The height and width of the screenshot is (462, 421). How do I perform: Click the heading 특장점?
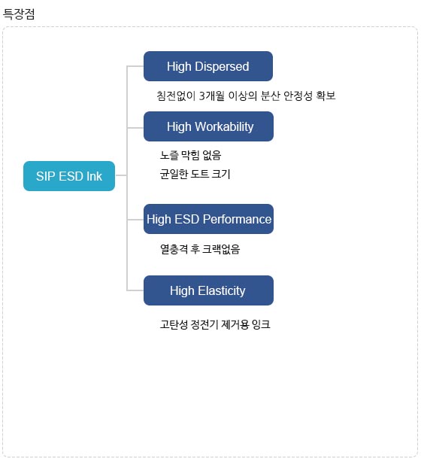coord(19,14)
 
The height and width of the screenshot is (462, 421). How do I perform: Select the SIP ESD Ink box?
coord(69,176)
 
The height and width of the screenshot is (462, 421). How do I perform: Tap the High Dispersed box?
coord(207,66)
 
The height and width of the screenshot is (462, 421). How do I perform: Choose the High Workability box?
coord(208,126)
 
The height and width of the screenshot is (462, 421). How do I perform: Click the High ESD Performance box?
coord(208,219)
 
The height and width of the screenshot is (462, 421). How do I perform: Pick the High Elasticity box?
coord(208,290)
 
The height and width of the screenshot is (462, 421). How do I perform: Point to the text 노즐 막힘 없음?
coord(190,155)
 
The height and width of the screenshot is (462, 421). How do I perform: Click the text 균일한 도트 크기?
coord(195,174)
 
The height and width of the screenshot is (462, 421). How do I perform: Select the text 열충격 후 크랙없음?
coord(200,249)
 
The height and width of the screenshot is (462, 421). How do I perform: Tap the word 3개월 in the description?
coord(212,96)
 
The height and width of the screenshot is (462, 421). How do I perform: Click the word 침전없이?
coord(176,96)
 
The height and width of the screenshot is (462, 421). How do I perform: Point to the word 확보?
coord(326,96)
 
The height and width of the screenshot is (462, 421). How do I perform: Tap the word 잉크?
coord(261,324)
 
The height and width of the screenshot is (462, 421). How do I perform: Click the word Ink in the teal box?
coord(94,176)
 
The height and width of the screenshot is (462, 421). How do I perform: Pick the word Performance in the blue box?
coord(237,219)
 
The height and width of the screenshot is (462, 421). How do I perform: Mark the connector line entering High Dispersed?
coord(135,66)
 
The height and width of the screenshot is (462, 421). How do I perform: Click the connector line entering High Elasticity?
coord(135,290)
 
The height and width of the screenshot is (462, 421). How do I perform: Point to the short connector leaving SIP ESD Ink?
coord(121,175)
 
